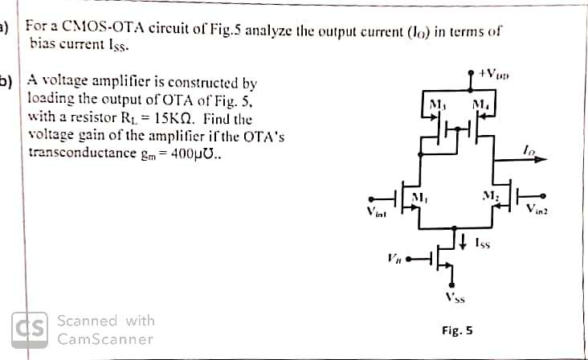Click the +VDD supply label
pyautogui.click(x=491, y=72)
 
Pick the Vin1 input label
pyautogui.click(x=377, y=213)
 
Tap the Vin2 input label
pyautogui.click(x=537, y=211)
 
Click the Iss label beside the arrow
pyautogui.click(x=482, y=240)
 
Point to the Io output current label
pyautogui.click(x=527, y=149)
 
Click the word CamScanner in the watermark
pyautogui.click(x=104, y=339)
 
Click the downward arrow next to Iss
pyautogui.click(x=465, y=239)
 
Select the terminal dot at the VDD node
pyautogui.click(x=472, y=73)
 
